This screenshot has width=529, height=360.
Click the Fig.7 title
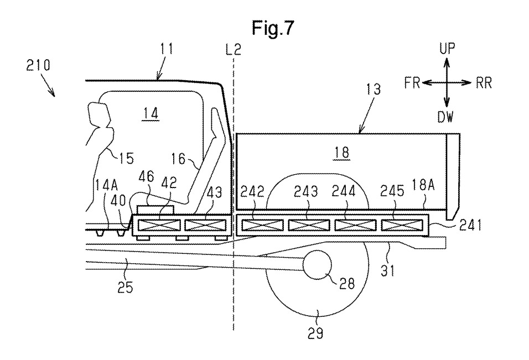click(273, 28)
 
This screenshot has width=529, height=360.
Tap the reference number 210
click(38, 65)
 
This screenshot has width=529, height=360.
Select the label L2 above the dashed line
click(234, 50)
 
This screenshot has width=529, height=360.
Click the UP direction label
click(447, 49)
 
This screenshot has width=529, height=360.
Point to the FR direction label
click(412, 82)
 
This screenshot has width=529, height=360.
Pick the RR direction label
click(484, 83)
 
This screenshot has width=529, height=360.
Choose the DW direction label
click(445, 117)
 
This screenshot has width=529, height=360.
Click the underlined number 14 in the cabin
click(151, 113)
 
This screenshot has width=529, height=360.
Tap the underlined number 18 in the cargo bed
click(342, 153)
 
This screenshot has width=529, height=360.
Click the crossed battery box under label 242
click(262, 225)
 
